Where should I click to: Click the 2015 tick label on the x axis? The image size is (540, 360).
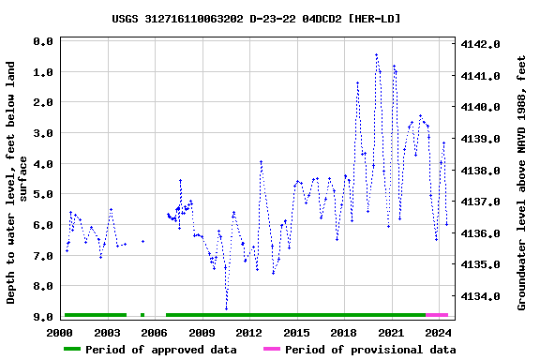click(x=296, y=332)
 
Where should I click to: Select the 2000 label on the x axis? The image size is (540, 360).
click(x=60, y=332)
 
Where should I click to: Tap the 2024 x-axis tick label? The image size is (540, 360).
click(x=438, y=332)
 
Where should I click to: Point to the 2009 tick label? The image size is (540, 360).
click(x=202, y=332)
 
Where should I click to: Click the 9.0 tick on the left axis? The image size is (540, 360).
click(x=41, y=317)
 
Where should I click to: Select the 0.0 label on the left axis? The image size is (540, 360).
click(x=41, y=42)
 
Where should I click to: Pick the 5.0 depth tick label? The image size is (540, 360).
click(x=41, y=195)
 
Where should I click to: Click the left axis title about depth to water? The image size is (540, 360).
click(x=17, y=182)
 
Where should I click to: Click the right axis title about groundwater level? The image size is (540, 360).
click(x=521, y=182)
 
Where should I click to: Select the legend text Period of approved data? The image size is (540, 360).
click(x=160, y=350)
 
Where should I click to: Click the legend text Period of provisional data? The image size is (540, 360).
click(x=370, y=350)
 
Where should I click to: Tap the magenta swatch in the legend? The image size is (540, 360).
click(x=272, y=350)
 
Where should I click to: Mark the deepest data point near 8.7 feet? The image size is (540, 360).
click(x=226, y=307)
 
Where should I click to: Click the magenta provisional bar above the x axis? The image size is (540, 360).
click(x=436, y=315)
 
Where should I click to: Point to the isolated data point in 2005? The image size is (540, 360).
click(x=142, y=241)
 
